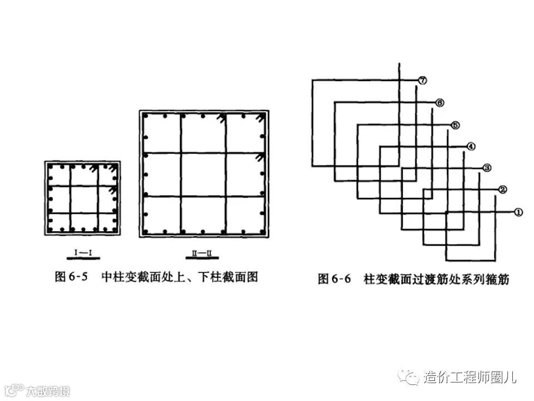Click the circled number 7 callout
(423, 81)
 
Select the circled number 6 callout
(439, 102)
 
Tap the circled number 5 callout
(455, 125)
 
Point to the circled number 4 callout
(471, 146)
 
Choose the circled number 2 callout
(502, 190)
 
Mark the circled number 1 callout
(518, 212)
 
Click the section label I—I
(83, 252)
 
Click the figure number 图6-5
(71, 277)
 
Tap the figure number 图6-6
(334, 279)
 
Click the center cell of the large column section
(203, 174)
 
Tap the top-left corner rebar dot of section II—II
(146, 116)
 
